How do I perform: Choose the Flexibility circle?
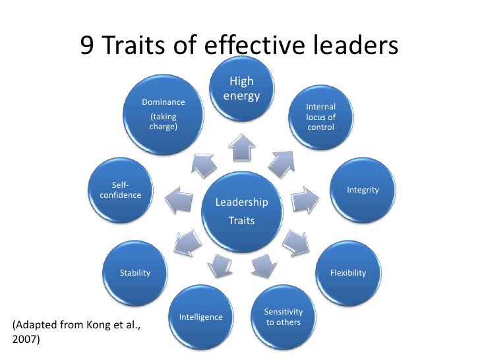pos(347,272)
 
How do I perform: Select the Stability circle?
pos(135,272)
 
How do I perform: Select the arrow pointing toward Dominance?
pos(202,162)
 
